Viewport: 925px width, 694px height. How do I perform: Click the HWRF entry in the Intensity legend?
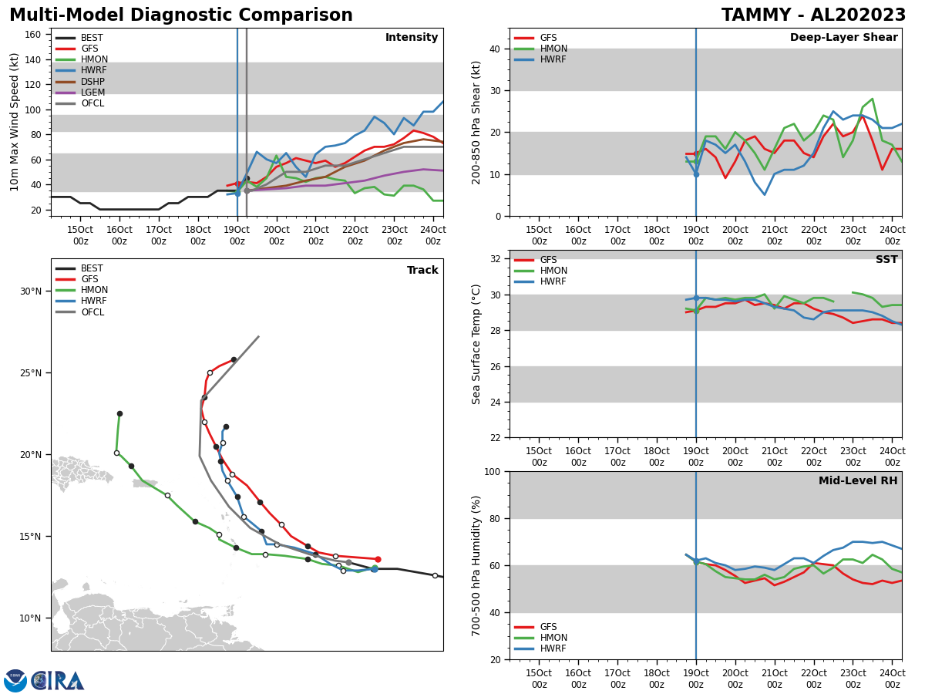pos(94,71)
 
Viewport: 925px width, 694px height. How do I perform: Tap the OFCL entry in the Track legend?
pos(92,312)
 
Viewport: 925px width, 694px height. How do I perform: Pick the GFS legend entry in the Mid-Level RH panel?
pos(548,627)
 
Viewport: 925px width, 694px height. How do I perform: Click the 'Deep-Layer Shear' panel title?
pos(843,38)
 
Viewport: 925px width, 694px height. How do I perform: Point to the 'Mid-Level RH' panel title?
pos(858,481)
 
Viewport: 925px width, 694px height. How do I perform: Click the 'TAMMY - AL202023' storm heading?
pos(813,15)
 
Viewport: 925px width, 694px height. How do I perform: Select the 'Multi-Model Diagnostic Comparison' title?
pos(181,15)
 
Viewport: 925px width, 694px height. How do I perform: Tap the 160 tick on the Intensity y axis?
pos(34,35)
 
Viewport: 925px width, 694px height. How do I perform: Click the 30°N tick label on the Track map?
pos(31,291)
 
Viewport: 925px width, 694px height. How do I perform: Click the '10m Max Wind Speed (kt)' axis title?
pos(14,122)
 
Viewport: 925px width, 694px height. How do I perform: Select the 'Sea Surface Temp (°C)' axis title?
pos(476,344)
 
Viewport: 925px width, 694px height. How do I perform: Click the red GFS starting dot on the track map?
pos(378,559)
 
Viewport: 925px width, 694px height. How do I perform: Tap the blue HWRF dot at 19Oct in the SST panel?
pos(696,298)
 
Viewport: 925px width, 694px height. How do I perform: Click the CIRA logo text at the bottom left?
pos(58,680)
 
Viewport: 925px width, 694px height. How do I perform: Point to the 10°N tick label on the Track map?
pos(31,618)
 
